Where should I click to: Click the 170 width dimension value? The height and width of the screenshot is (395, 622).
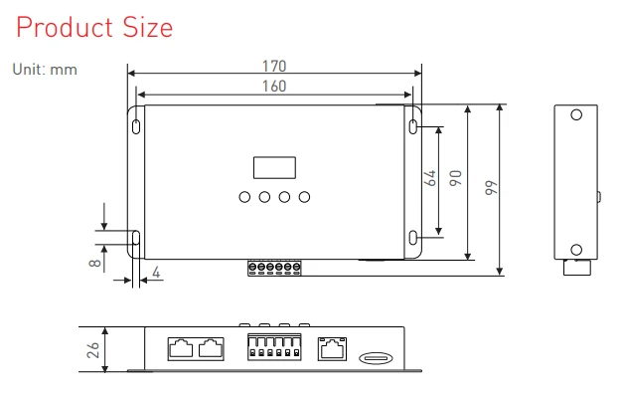click(x=274, y=66)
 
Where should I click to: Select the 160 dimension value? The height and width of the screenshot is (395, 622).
click(x=274, y=87)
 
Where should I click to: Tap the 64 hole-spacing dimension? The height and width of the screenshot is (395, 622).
click(x=430, y=178)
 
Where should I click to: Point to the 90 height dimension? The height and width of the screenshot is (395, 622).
click(x=456, y=178)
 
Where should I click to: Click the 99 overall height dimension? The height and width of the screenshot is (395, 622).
click(x=491, y=188)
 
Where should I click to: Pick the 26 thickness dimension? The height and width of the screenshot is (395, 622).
click(x=92, y=350)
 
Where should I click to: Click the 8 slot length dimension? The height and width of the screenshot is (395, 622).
click(x=95, y=263)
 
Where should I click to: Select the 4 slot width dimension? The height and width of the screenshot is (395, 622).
click(x=156, y=273)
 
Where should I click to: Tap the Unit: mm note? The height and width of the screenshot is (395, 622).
click(x=45, y=70)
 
